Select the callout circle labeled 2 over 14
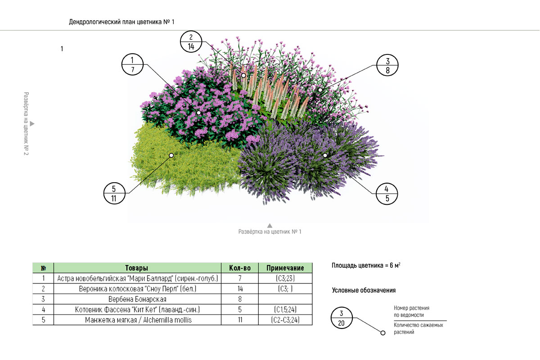coord(191,41)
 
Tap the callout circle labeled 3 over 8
coord(387,65)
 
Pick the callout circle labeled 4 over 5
coord(387,194)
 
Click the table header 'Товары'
coord(137,268)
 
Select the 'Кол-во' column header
coord(240,268)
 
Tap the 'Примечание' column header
coord(285,268)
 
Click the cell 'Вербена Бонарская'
coord(137,299)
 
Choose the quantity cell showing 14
coord(240,289)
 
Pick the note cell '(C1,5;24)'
coord(285,310)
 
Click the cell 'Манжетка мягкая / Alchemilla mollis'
coord(137,320)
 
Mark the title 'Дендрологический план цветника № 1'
coord(121,22)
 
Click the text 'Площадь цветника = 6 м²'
coord(366,266)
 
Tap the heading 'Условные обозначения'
coord(364,291)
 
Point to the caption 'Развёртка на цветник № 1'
coord(270,232)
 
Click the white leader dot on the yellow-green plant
coord(171,155)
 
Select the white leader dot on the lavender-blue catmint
coord(325,155)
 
